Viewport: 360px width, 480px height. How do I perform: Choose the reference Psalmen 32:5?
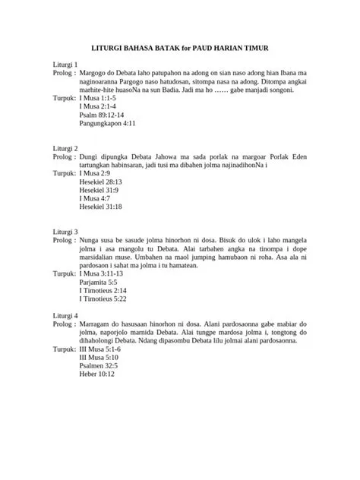[99, 365]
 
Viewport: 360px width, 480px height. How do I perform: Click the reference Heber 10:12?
[96, 374]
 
